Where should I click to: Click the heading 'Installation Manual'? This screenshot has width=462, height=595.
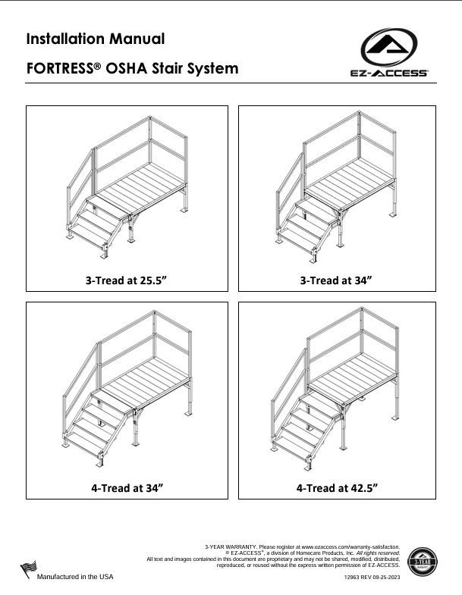click(x=95, y=38)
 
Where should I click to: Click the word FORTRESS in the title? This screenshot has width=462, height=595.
click(x=59, y=68)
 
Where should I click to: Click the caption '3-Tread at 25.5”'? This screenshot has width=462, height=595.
click(x=126, y=280)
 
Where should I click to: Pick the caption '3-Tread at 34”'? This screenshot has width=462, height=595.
click(x=336, y=280)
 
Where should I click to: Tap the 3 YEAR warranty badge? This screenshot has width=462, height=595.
click(x=423, y=562)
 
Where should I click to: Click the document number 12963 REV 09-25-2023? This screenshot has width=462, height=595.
click(x=372, y=577)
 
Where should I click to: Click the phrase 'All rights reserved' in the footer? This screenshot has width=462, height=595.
click(x=379, y=553)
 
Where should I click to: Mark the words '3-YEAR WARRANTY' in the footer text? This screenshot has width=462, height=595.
click(x=231, y=546)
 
